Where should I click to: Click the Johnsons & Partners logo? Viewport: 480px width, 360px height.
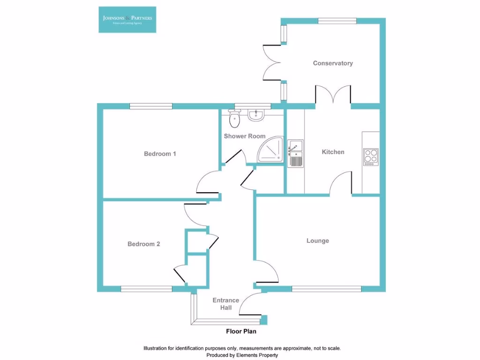pyautogui.click(x=127, y=19)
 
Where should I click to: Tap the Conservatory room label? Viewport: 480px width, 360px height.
pyautogui.click(x=333, y=63)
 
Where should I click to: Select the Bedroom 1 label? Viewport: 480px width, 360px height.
pyautogui.click(x=160, y=154)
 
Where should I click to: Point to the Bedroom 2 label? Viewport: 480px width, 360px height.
pyautogui.click(x=144, y=244)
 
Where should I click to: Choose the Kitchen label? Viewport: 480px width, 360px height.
pyautogui.click(x=333, y=152)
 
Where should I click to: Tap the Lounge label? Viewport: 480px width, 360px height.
pyautogui.click(x=318, y=241)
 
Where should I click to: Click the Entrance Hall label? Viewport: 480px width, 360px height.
pyautogui.click(x=226, y=304)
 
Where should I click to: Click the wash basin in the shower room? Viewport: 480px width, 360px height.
pyautogui.click(x=256, y=115)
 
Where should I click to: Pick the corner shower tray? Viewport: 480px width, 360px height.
pyautogui.click(x=271, y=150)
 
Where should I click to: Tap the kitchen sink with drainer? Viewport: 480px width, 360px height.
pyautogui.click(x=296, y=153)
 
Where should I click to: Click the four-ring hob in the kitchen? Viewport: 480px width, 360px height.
pyautogui.click(x=371, y=157)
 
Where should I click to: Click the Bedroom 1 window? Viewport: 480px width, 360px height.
pyautogui.click(x=151, y=106)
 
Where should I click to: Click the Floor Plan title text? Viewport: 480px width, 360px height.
pyautogui.click(x=239, y=331)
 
